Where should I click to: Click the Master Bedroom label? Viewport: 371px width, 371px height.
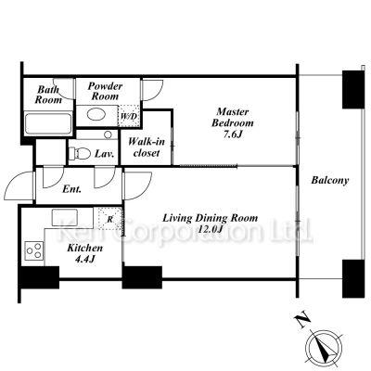tap(233, 122)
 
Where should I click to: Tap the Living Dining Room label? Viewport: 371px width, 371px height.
tap(211, 218)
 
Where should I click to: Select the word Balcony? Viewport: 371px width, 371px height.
tap(330, 180)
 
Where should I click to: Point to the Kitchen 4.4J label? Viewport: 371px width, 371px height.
tap(85, 253)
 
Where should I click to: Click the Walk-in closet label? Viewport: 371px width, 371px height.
tap(147, 147)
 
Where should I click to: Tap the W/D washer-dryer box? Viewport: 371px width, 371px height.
tap(129, 116)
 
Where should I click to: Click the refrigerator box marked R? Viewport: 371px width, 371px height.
tap(110, 218)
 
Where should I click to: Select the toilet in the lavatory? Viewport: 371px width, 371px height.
tap(80, 153)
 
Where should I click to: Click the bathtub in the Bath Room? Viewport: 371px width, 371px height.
tap(48, 124)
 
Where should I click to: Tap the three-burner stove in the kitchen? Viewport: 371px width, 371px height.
tap(34, 250)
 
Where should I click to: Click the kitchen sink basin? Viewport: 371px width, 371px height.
tap(65, 218)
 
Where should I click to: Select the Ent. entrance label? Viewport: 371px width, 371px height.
tap(71, 189)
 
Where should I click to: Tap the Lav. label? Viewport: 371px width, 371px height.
tap(105, 154)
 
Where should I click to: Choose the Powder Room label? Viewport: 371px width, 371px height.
tap(105, 91)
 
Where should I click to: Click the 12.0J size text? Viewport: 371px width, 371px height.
tap(211, 229)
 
